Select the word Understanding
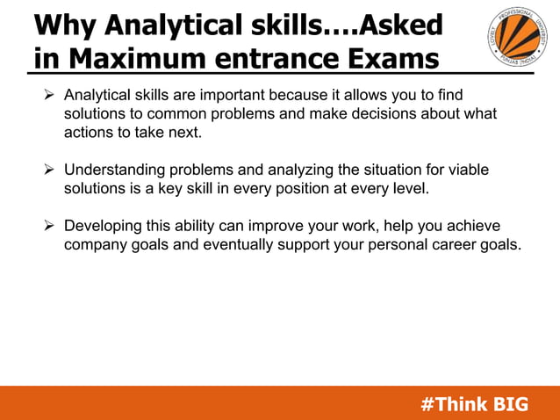(x=120, y=170)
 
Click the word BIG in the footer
(x=511, y=404)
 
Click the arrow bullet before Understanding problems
(x=51, y=170)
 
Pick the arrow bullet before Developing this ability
(x=51, y=226)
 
